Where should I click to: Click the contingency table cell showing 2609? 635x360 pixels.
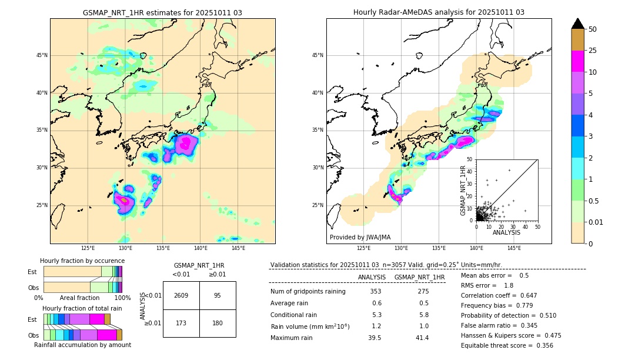tap(181, 295)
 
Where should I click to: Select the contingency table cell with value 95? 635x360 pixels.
tap(218, 295)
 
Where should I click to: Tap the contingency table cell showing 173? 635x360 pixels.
tap(181, 323)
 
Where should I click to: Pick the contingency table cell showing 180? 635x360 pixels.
tap(218, 323)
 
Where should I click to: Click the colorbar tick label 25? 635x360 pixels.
tap(593, 51)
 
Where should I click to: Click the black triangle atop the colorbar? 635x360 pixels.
tap(578, 24)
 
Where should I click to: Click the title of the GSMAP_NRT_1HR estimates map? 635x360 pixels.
tap(162, 12)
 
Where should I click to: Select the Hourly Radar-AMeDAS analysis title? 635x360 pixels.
tap(439, 12)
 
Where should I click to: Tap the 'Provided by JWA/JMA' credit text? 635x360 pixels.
tap(360, 237)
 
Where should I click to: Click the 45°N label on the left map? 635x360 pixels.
tap(42, 55)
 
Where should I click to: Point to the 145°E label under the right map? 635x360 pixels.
tap(514, 248)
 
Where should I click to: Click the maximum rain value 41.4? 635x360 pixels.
tap(423, 338)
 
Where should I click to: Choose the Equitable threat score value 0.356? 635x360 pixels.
tap(543, 345)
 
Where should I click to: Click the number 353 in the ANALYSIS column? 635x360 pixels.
tap(376, 292)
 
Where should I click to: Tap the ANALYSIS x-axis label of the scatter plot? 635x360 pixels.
tap(506, 233)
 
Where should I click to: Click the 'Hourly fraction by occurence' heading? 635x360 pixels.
tap(82, 261)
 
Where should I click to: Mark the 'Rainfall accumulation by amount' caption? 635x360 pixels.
tap(82, 345)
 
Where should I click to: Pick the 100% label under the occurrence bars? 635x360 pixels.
tap(122, 298)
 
